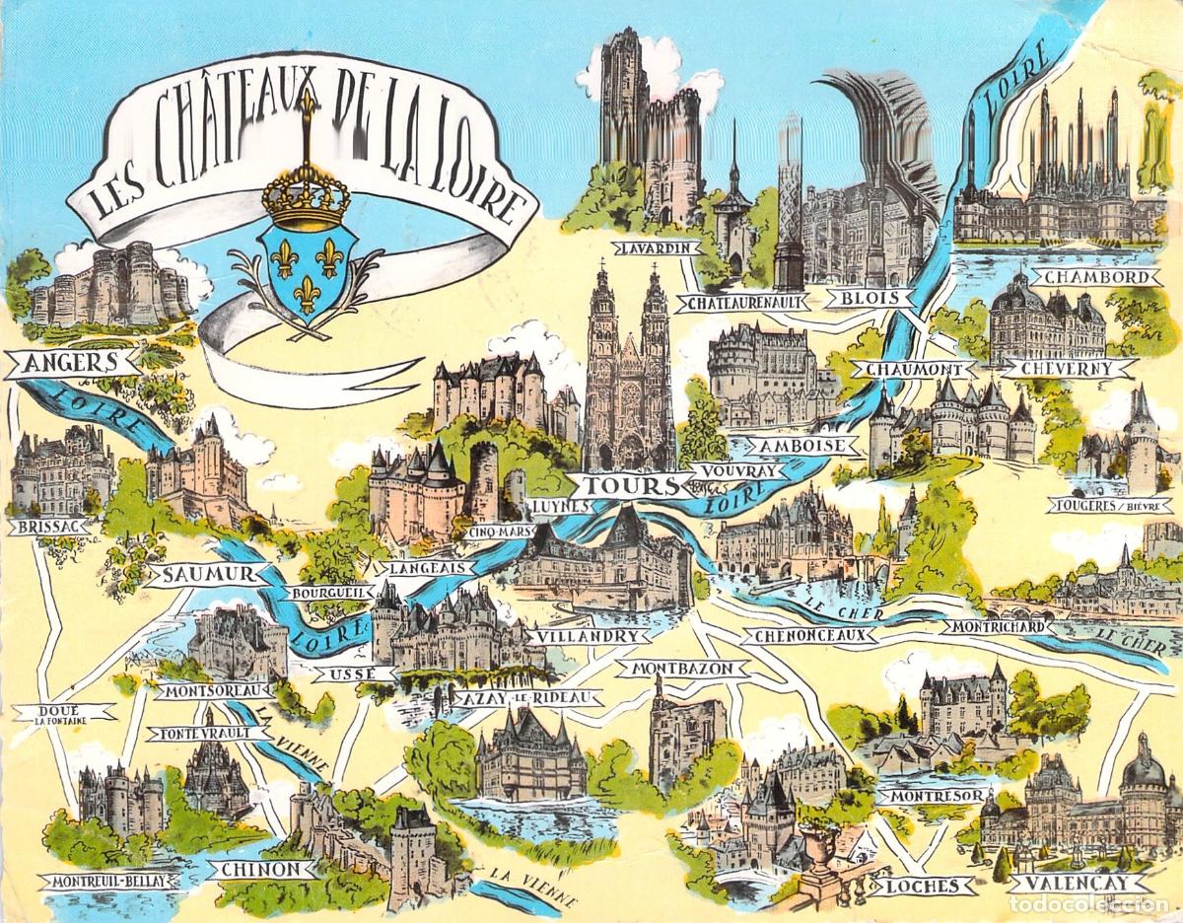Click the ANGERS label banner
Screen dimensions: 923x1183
pyautogui.click(x=72, y=362)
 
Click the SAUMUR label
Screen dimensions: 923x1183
pyautogui.click(x=198, y=574)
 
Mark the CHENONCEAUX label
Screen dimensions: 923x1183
pyautogui.click(x=808, y=636)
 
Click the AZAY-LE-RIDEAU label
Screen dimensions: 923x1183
pyautogui.click(x=527, y=697)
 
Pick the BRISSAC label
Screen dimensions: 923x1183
pyautogui.click(x=47, y=527)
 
